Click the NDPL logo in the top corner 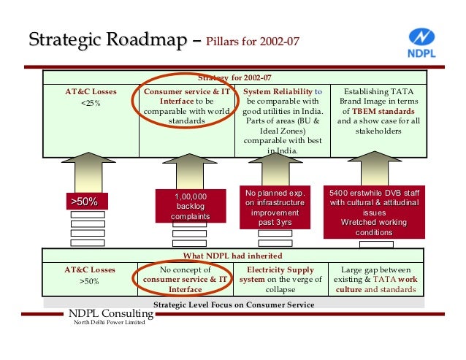[x=421, y=43]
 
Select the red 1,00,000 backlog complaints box [x=190, y=207]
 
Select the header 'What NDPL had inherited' [x=232, y=256]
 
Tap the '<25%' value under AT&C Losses [x=91, y=104]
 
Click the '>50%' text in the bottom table [x=91, y=280]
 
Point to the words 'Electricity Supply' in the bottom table [x=281, y=269]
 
